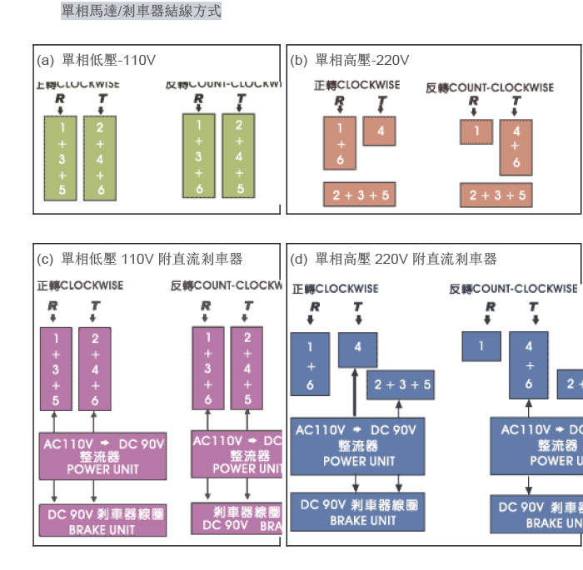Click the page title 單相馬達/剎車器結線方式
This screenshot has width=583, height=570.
[x=141, y=12]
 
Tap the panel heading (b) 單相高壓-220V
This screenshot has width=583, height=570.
[x=350, y=61]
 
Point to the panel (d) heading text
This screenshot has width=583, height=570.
[x=393, y=260]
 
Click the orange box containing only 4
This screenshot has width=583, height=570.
[x=380, y=131]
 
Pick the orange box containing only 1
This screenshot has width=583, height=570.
[x=476, y=131]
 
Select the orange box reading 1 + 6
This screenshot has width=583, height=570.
[x=340, y=141]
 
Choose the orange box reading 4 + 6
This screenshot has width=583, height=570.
[x=516, y=147]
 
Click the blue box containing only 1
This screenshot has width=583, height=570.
[x=481, y=346]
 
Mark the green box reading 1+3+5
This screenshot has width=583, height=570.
[x=61, y=157]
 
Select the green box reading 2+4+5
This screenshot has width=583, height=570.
[x=239, y=156]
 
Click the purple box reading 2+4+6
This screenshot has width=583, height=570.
[x=95, y=369]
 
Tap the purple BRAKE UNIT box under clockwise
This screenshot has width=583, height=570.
[x=102, y=519]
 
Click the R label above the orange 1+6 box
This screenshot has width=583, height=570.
[x=340, y=101]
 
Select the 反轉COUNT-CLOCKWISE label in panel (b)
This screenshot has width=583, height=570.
[x=490, y=87]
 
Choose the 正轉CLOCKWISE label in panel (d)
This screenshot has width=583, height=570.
[x=335, y=289]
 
